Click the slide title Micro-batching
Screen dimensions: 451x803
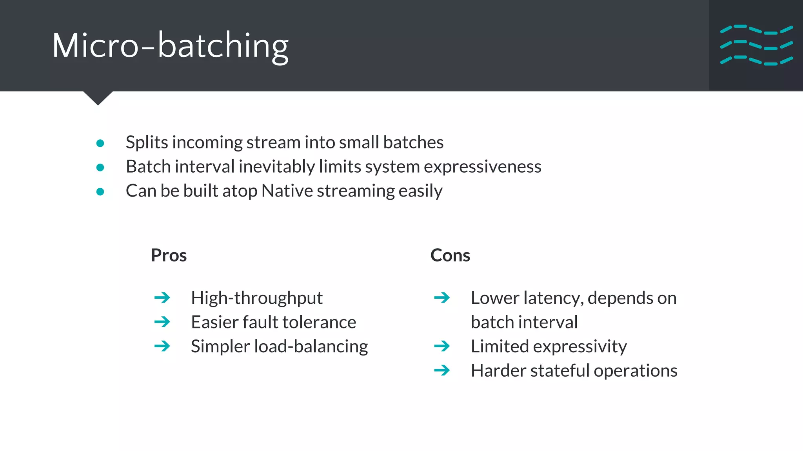[170, 46]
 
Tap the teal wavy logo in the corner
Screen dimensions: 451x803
[756, 45]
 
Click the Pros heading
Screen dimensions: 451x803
[169, 255]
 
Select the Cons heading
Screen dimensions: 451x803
[450, 255]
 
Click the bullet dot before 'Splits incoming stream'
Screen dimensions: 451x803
[100, 143]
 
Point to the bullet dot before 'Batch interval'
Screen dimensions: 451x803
[100, 168]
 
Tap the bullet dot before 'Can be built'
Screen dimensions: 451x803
[100, 192]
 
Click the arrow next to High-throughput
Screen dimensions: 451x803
[162, 298]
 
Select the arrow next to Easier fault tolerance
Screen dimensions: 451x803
[162, 322]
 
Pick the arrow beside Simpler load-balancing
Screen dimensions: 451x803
[162, 346]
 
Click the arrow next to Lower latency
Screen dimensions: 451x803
[442, 298]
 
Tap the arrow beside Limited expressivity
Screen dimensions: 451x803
[442, 346]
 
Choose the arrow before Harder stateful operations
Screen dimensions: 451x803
[442, 370]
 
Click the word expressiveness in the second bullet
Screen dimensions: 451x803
[482, 167]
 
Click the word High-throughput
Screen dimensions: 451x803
[256, 298]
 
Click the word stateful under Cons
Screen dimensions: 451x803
[560, 370]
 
